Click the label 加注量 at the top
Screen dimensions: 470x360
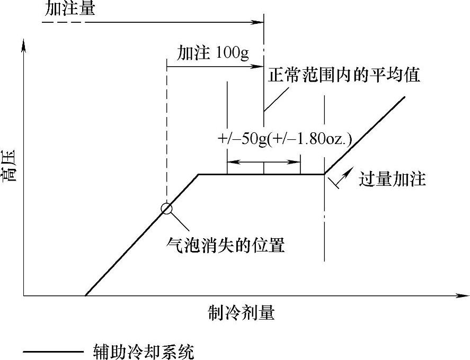coord(70,9)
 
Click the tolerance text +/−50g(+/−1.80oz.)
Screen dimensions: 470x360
coord(285,139)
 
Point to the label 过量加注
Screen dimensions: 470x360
coord(392,179)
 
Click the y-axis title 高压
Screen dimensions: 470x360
coord(11,166)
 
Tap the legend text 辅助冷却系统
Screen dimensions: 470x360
coord(139,352)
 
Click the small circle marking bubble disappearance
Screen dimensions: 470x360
coord(166,208)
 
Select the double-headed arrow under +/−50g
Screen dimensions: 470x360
coord(263,162)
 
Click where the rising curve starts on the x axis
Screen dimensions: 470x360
coord(86,295)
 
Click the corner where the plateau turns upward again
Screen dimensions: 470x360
coord(324,174)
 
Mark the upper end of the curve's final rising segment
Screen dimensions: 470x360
coord(405,97)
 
